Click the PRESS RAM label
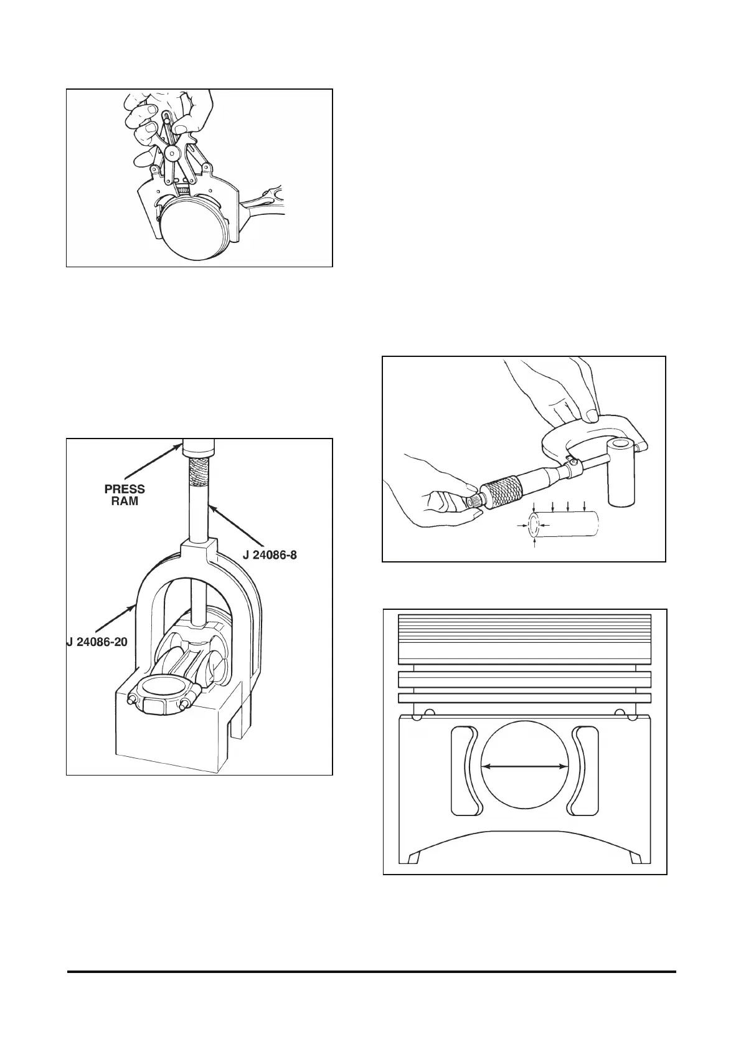click(x=125, y=495)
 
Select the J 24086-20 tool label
click(x=97, y=641)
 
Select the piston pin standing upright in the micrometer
click(x=621, y=471)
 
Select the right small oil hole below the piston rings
click(x=620, y=712)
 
